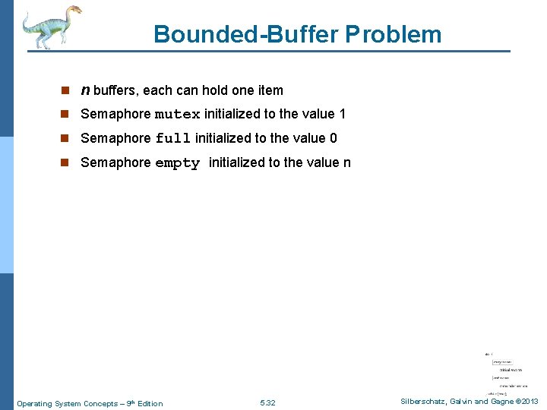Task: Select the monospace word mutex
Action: [x=178, y=115]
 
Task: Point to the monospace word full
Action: [x=173, y=139]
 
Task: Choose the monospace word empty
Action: [x=177, y=163]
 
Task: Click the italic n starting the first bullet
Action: [x=85, y=90]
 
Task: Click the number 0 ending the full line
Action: [x=334, y=138]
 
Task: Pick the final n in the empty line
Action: [x=346, y=162]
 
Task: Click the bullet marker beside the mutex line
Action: [x=66, y=115]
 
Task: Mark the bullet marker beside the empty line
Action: [x=66, y=162]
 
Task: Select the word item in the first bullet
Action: [x=270, y=90]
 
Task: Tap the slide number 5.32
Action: [x=267, y=403]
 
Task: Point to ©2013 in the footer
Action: [x=525, y=401]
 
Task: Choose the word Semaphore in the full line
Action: [x=115, y=138]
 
